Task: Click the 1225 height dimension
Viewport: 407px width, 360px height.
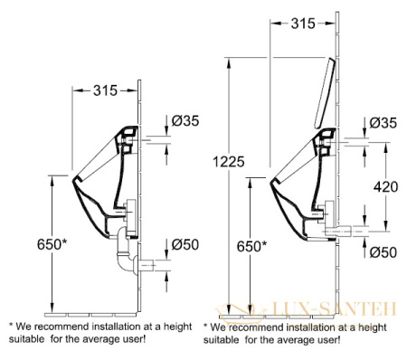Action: pos(229,162)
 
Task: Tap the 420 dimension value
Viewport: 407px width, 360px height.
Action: pos(385,187)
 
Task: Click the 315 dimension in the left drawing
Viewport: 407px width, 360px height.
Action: pos(105,90)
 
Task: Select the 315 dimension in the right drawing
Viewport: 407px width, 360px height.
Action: pos(303,24)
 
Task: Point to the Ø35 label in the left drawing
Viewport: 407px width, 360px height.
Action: pos(185,121)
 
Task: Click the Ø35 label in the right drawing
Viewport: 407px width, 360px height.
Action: pos(383,123)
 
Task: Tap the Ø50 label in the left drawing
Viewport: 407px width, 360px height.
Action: pos(185,244)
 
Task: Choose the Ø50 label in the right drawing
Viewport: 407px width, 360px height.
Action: pos(383,252)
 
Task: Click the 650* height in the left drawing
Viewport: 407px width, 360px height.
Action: pos(52,244)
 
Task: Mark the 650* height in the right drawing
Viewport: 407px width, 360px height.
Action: pos(251,247)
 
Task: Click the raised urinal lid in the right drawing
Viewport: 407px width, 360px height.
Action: pos(325,92)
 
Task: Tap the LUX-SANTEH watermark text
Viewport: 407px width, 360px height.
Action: pos(334,309)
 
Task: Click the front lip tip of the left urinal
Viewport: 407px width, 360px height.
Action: pos(72,180)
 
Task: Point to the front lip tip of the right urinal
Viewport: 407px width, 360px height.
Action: pos(270,182)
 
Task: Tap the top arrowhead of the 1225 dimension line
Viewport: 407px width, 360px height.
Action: pos(229,62)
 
